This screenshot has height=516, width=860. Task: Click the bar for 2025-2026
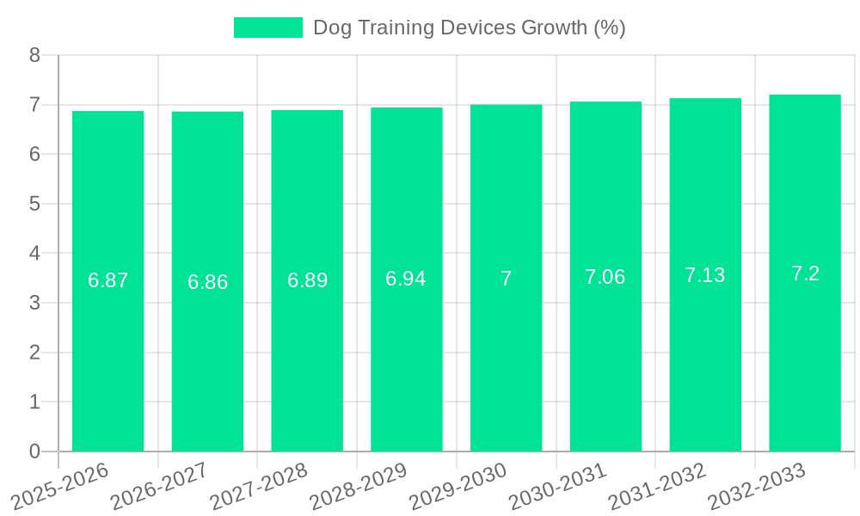[x=107, y=361]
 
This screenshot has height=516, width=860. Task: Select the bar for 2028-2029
[x=407, y=361]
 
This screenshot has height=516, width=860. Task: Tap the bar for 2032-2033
[x=805, y=361]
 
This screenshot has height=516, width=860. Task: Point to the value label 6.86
[x=207, y=282]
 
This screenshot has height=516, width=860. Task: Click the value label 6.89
[x=307, y=280]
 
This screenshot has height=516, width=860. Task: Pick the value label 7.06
[x=605, y=277]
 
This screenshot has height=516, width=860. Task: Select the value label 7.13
[x=705, y=275]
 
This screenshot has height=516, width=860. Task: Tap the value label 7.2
[x=805, y=273]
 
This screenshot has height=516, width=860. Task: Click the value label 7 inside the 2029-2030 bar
[x=506, y=279]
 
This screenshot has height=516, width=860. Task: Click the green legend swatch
[x=268, y=28]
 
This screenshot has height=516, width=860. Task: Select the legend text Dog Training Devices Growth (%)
[x=469, y=28]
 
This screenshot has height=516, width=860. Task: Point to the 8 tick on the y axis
[x=34, y=55]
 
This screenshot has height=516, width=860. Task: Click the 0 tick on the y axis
[x=34, y=451]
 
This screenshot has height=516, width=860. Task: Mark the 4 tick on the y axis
[x=34, y=254]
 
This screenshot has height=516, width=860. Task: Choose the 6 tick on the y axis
[x=34, y=155]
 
